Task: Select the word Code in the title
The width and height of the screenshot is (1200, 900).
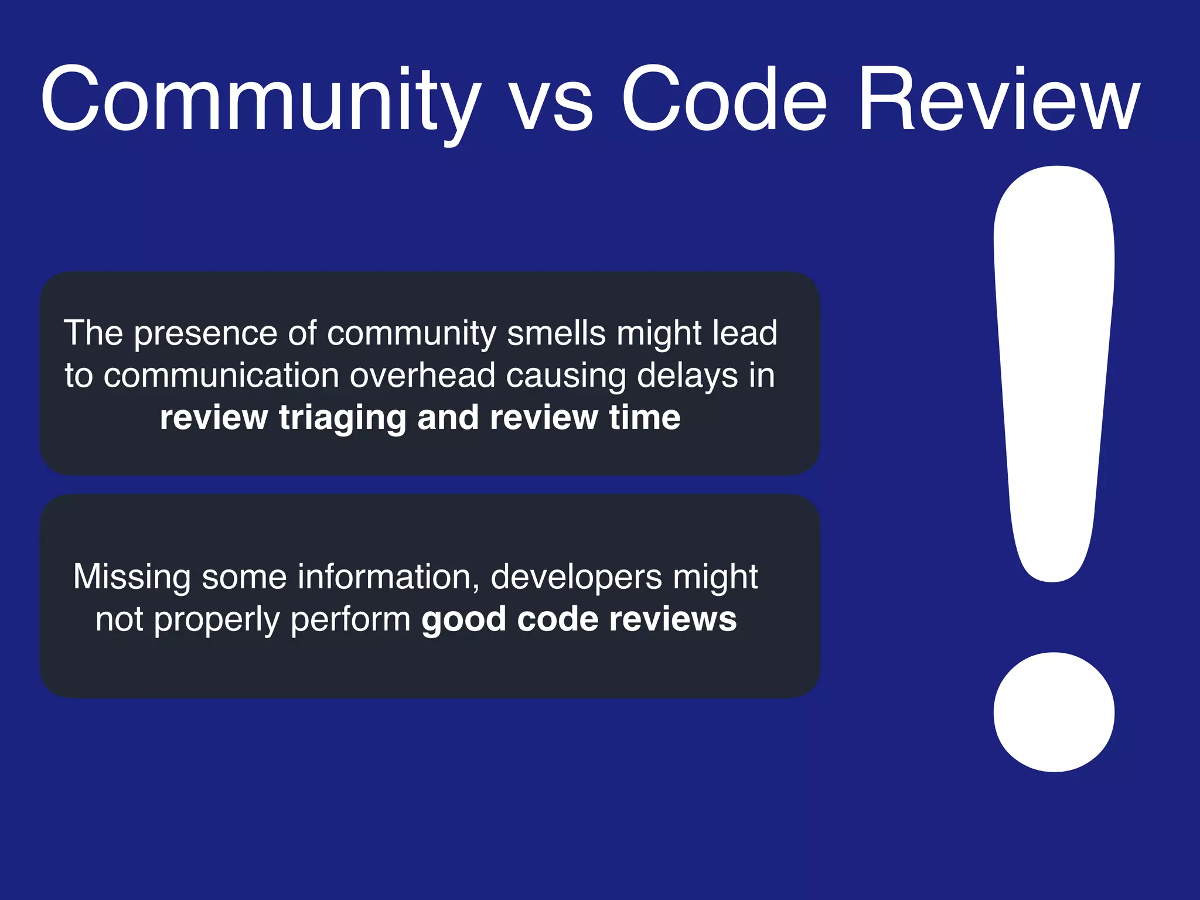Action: coord(724,100)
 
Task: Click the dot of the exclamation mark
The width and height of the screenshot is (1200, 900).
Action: coord(1054,712)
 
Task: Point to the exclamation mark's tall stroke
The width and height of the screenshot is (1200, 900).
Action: coord(1054,363)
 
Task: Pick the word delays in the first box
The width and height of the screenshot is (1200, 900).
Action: coord(687,376)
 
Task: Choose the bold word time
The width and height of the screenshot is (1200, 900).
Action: coord(645,417)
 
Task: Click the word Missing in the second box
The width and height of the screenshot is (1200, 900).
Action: coord(132,578)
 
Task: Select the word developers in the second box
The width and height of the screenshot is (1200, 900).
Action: coord(576,578)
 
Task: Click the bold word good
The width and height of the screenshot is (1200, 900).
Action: coord(463,620)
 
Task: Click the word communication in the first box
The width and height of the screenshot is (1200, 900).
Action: coord(221,375)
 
